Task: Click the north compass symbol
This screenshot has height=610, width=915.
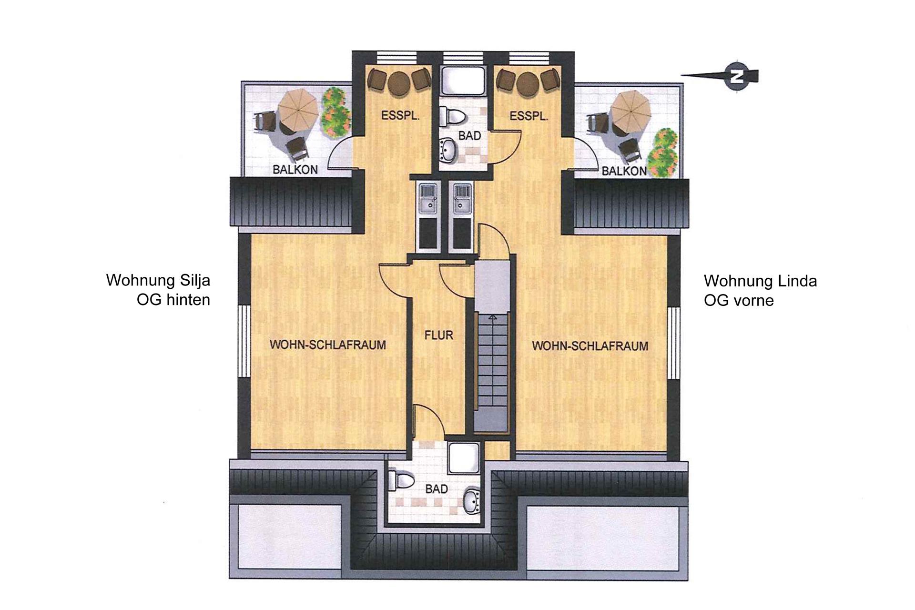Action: [x=737, y=77]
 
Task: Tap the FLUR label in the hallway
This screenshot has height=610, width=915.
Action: [x=439, y=335]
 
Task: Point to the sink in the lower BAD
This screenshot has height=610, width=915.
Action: [x=473, y=501]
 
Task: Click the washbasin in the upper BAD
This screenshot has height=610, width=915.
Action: [x=448, y=151]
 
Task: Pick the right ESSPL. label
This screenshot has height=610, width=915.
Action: [x=529, y=116]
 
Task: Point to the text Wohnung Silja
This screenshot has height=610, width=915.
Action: [x=158, y=280]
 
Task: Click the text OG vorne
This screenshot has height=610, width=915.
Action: [x=739, y=300]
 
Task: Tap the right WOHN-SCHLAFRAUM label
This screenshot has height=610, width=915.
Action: [x=590, y=346]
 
